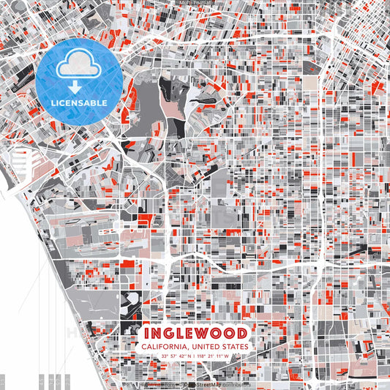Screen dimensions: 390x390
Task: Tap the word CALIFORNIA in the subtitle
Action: pyautogui.click(x=166, y=347)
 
